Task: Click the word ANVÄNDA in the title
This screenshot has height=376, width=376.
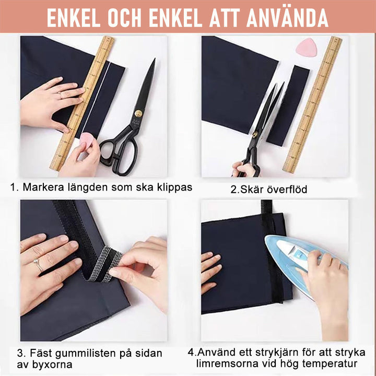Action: (x=289, y=17)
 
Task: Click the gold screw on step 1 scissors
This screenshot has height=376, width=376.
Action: (x=138, y=113)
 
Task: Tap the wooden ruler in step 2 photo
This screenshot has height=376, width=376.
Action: (x=312, y=104)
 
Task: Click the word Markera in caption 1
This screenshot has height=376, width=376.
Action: (x=43, y=187)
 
